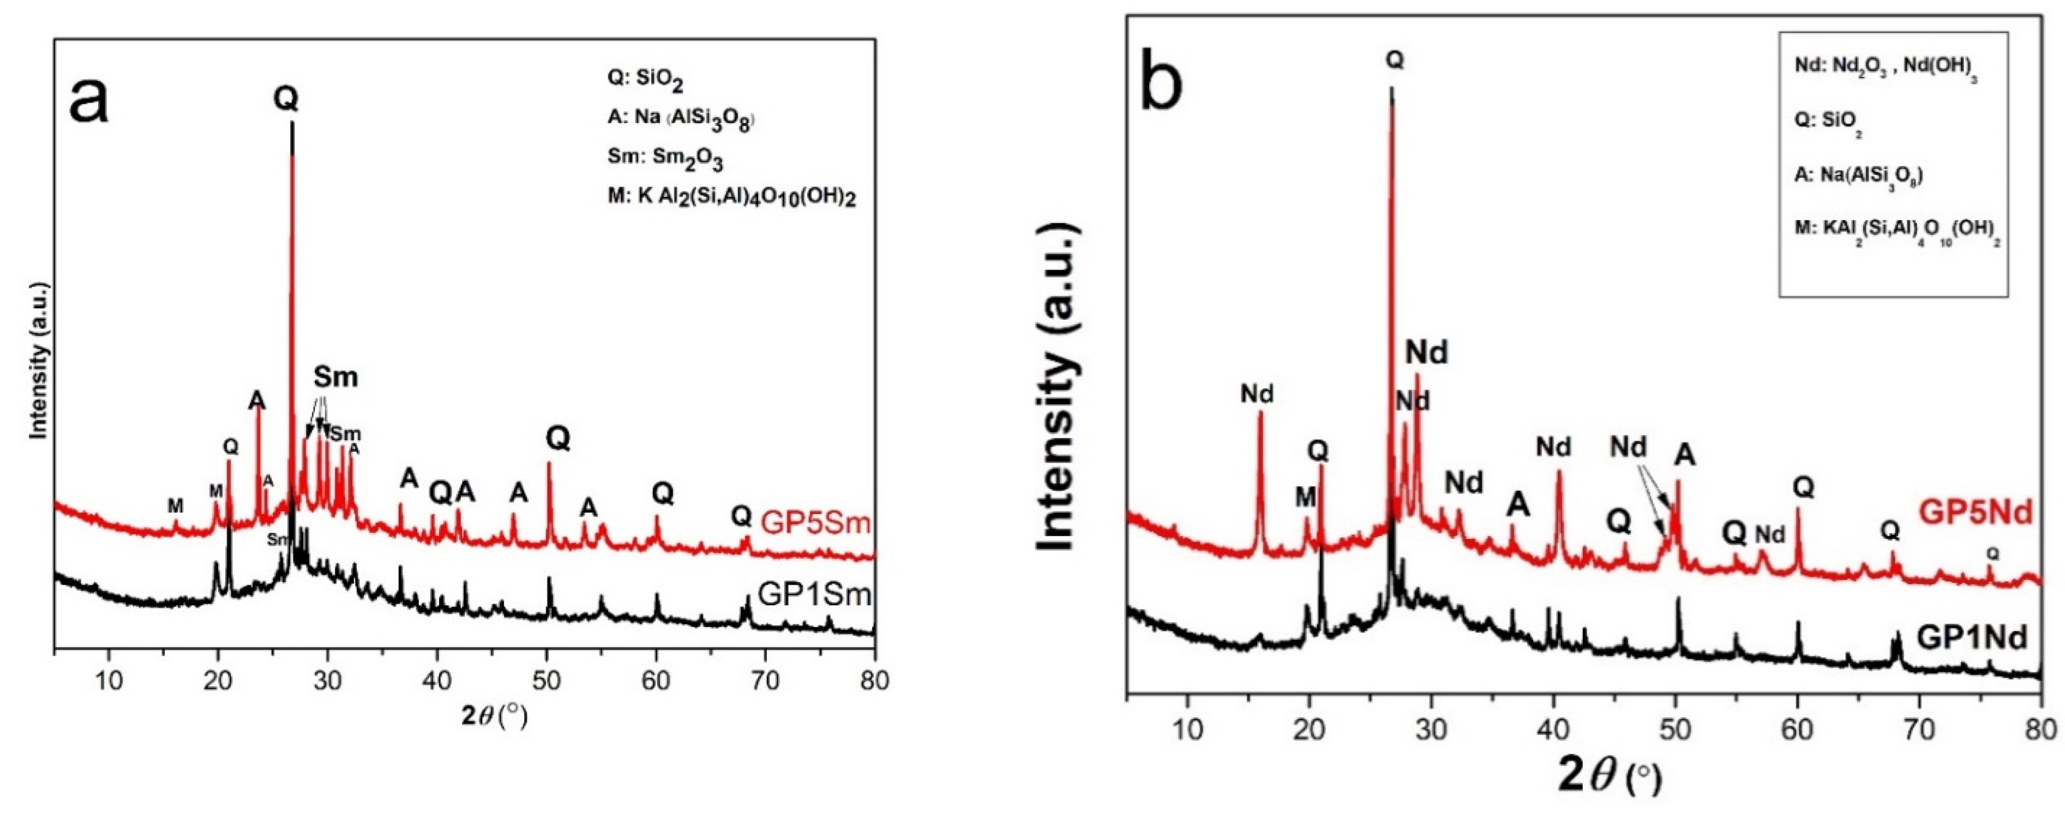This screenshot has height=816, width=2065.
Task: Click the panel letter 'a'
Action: click(x=88, y=100)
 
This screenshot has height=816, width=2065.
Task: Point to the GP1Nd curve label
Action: click(x=1973, y=637)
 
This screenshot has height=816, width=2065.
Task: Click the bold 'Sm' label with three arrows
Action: click(x=335, y=377)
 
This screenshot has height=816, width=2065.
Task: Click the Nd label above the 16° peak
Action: click(x=1257, y=393)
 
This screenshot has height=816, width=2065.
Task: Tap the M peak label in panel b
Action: click(x=1306, y=497)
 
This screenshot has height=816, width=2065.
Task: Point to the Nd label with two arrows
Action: click(x=1629, y=447)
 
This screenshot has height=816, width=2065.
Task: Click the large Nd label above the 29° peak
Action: click(x=1427, y=352)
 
